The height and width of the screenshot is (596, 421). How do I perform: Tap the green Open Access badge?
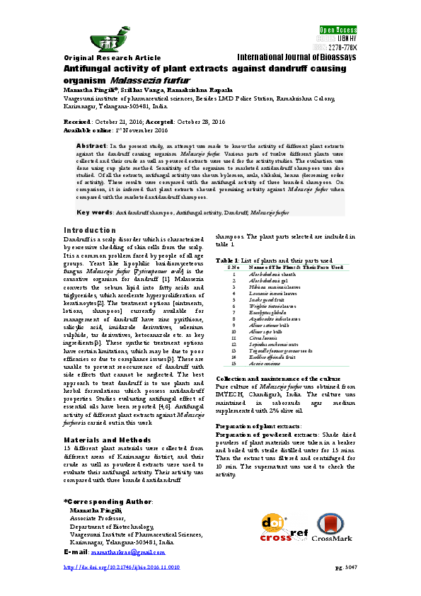338,30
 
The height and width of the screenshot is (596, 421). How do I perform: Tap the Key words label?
93,212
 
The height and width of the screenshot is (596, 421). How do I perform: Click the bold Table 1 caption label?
228,260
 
